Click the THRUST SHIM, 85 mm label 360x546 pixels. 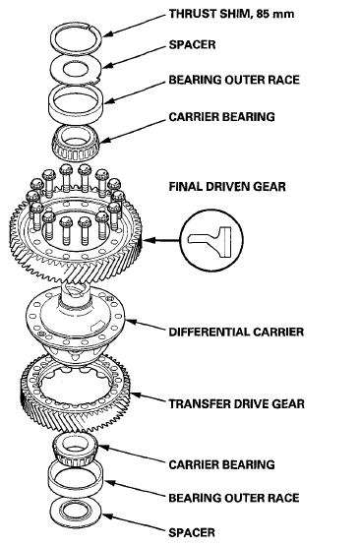coord(231,14)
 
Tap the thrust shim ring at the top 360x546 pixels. coord(77,28)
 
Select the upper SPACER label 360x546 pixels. coord(192,45)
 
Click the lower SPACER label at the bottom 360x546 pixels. coord(192,533)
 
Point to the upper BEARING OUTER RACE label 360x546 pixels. coord(234,80)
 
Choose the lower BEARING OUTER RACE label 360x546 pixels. coord(234,498)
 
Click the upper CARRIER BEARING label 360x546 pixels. coord(221,117)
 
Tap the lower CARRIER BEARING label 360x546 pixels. coord(221,465)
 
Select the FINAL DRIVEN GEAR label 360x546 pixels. coord(227,187)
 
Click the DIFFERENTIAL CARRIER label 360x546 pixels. coord(236,332)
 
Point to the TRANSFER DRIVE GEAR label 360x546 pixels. coord(237,404)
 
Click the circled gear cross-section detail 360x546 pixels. coord(211,240)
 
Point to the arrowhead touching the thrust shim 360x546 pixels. coord(107,34)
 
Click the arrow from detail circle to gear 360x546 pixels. coord(161,240)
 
